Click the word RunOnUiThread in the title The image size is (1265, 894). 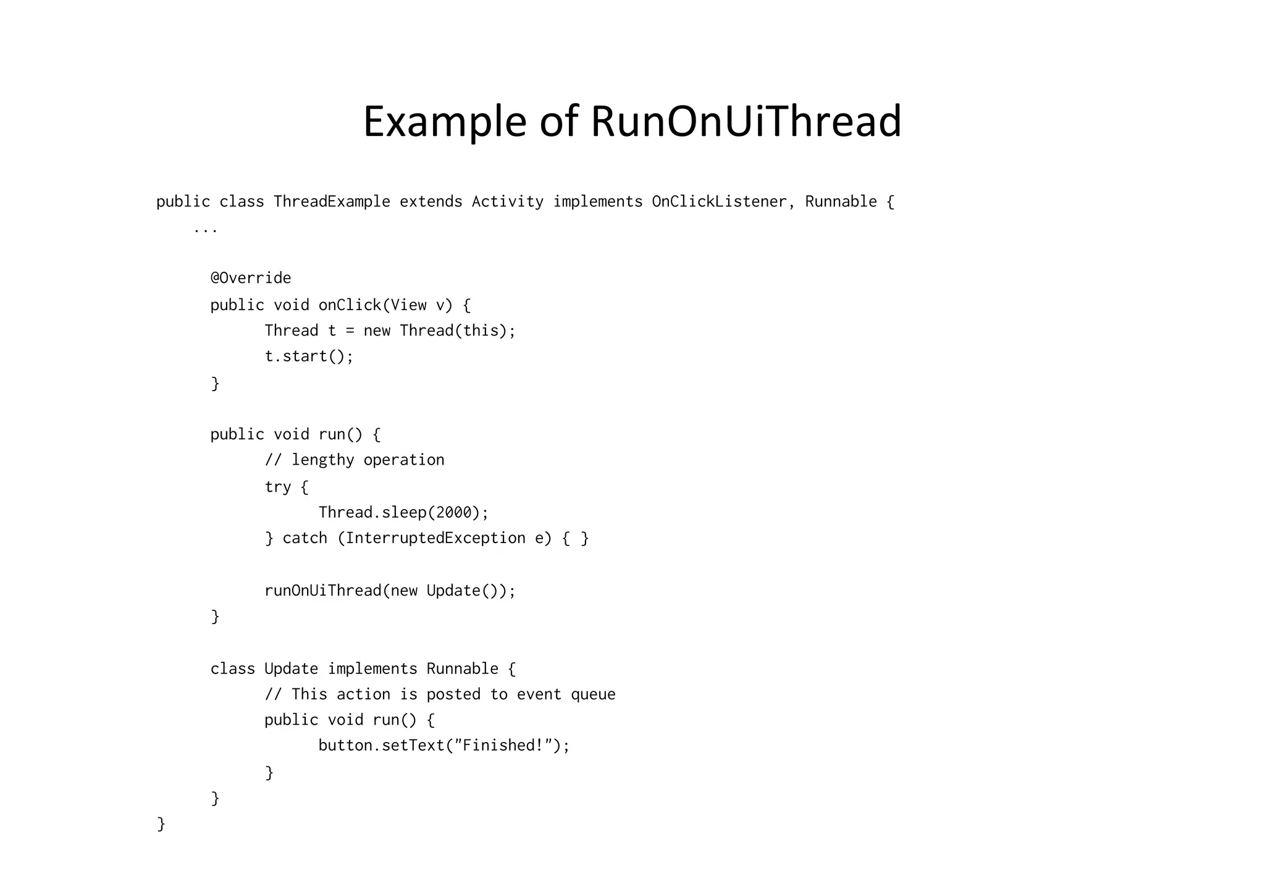746,122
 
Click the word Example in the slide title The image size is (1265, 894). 444,122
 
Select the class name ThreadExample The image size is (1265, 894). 332,202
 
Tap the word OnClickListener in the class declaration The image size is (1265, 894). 719,202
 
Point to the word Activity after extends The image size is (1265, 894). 507,202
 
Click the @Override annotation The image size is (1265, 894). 250,278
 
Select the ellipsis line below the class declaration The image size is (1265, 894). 205,229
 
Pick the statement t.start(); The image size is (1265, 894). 309,356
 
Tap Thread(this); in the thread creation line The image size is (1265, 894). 457,331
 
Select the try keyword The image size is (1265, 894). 277,487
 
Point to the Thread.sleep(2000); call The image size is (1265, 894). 403,513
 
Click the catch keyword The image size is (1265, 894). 305,538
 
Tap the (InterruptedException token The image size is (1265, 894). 431,538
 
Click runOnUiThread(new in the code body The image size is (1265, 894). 340,591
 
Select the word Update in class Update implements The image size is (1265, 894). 291,669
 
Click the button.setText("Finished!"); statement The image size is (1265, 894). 443,746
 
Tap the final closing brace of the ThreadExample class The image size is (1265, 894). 161,824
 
